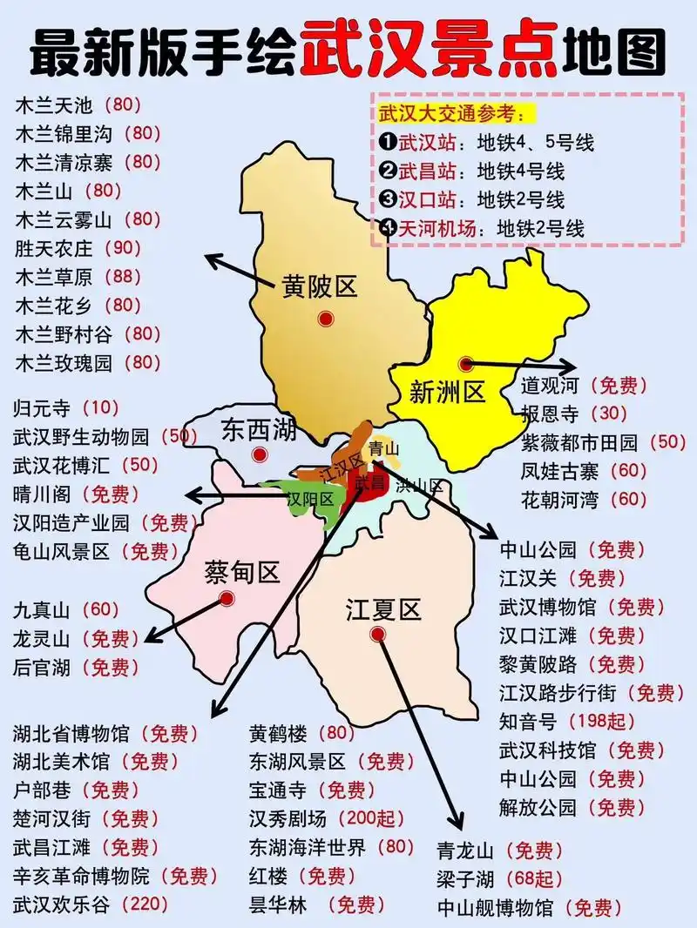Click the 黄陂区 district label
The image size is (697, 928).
click(x=320, y=286)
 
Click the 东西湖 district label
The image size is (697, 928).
click(x=259, y=429)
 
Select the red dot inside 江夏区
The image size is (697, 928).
click(x=377, y=635)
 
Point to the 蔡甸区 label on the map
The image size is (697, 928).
click(x=241, y=573)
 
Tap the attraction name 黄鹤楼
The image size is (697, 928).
click(x=278, y=733)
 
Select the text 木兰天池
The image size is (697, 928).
click(x=53, y=106)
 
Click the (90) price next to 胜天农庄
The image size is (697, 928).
click(x=122, y=248)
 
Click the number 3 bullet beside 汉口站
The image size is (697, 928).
click(x=388, y=200)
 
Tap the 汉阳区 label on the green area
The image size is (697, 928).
click(x=311, y=499)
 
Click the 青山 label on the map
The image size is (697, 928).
click(x=383, y=448)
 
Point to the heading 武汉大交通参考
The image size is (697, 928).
click(x=451, y=114)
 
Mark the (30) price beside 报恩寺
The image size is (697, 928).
click(x=610, y=413)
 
